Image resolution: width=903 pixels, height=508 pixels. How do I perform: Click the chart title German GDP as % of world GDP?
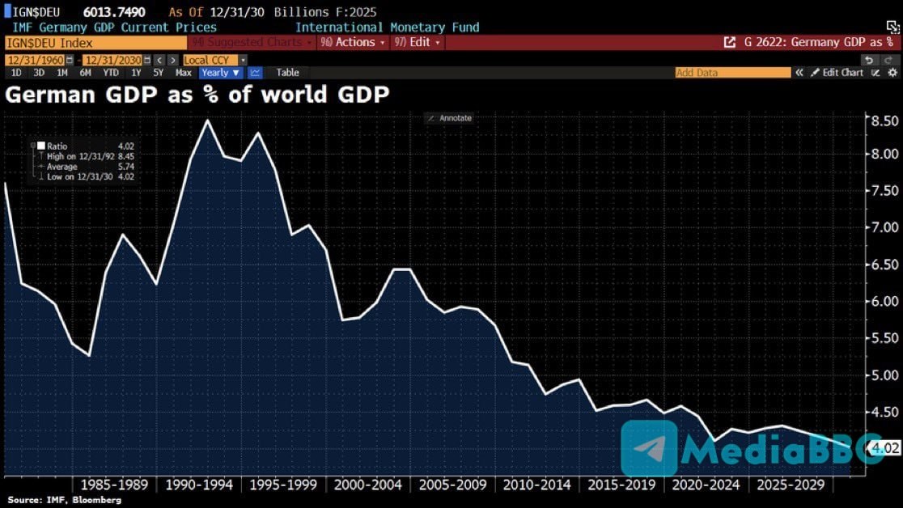[197, 95]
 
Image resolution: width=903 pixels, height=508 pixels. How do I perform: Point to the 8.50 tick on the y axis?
[879, 121]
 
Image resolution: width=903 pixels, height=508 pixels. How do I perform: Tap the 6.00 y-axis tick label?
[879, 301]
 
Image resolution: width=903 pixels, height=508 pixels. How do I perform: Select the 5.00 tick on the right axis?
[879, 375]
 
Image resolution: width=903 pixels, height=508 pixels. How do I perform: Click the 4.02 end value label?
[880, 447]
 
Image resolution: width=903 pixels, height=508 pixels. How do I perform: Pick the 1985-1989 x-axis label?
[113, 485]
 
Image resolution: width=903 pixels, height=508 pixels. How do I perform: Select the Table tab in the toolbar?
[287, 73]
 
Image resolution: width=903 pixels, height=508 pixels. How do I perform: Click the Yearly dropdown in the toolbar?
[221, 73]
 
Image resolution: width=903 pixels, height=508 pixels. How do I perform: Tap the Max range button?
[184, 73]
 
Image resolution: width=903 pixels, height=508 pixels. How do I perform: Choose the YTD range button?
[111, 73]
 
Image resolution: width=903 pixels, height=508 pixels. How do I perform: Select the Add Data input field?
[732, 73]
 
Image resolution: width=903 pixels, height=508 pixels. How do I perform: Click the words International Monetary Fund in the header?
[387, 28]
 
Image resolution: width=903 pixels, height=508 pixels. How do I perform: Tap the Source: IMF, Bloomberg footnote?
[64, 501]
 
